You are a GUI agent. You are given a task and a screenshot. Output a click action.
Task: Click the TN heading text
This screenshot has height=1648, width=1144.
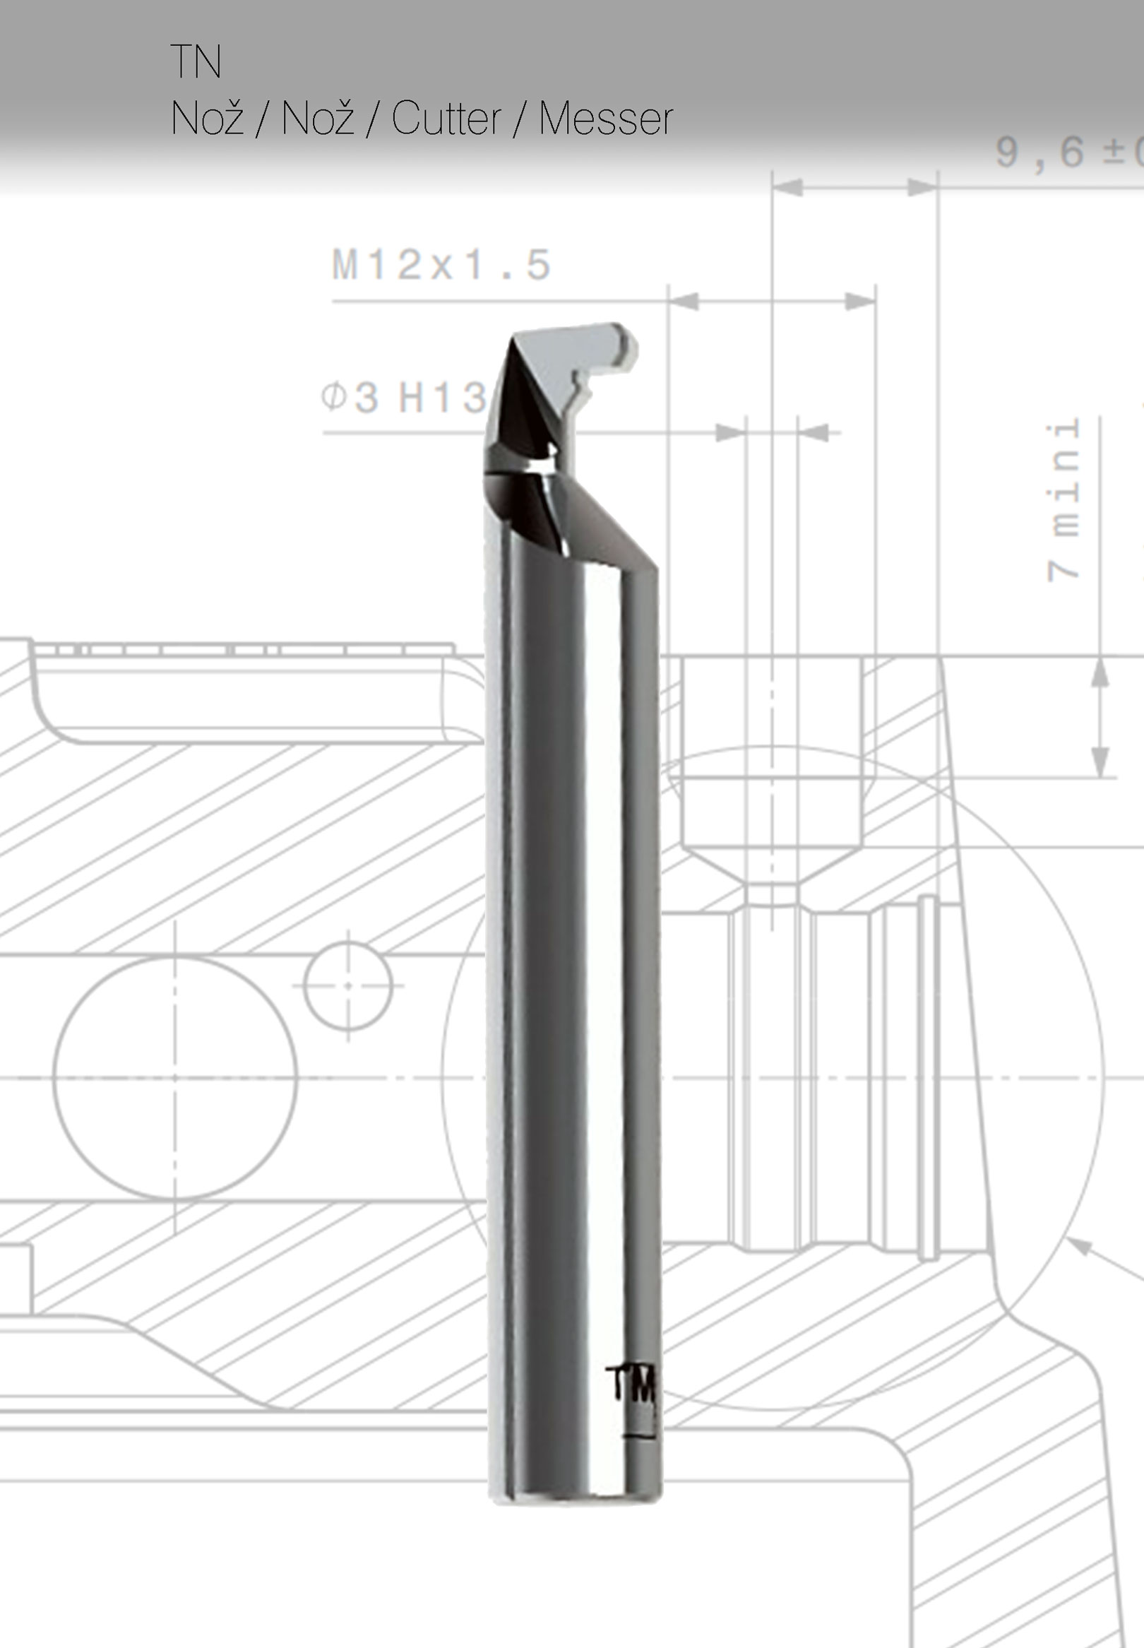[x=195, y=61]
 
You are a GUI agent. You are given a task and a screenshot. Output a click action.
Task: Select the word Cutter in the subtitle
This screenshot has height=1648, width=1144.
[x=446, y=118]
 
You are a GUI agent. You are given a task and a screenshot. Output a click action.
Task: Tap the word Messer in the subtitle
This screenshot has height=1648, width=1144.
[x=606, y=118]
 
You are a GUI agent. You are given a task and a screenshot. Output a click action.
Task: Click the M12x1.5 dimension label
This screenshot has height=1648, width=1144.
[x=441, y=265]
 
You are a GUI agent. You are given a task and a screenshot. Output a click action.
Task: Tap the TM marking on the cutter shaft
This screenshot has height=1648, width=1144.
[x=631, y=1383]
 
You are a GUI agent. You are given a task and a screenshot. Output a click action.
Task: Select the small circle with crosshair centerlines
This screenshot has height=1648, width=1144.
[x=347, y=985]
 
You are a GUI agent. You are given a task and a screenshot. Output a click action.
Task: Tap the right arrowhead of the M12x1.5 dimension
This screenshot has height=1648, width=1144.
[x=861, y=301]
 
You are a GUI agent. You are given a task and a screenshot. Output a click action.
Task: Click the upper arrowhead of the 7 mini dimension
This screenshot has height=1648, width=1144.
[x=1100, y=674]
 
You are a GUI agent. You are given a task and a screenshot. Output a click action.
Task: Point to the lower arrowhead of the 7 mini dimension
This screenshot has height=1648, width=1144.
[x=1100, y=762]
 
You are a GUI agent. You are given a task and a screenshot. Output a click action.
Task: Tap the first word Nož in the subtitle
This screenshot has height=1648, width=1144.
[x=207, y=118]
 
